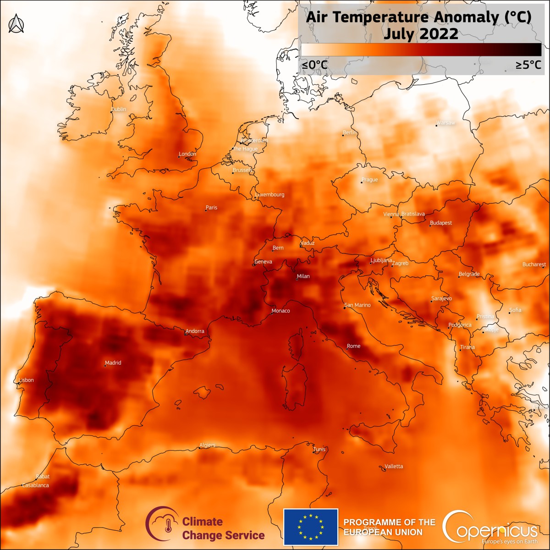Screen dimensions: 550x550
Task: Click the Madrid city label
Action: pos(113,363)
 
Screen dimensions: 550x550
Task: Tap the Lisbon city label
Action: pos(26,380)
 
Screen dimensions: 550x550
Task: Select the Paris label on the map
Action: pos(211,208)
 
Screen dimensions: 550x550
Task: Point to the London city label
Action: pos(187,154)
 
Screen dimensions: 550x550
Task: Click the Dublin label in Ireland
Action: pos(119,109)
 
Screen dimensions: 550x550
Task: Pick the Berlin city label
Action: pos(350,132)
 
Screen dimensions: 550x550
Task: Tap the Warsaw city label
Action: pos(446,123)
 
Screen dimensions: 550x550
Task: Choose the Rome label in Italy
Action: pos(354,346)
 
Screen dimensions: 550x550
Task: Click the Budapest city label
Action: pos(441,223)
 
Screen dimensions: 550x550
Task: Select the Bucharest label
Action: pos(534,264)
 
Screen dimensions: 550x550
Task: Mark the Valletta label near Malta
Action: pos(394,466)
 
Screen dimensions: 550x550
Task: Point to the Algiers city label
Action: pos(207,445)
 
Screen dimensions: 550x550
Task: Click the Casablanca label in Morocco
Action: pos(35,485)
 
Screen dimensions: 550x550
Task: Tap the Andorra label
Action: pos(195,331)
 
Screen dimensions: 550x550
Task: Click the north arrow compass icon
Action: pos(16,23)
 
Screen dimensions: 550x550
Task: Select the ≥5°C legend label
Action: pos(528,65)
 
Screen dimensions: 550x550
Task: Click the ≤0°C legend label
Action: pos(314,65)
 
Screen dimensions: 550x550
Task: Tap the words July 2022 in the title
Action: pos(420,33)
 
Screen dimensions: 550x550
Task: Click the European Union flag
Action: pos(311,527)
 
